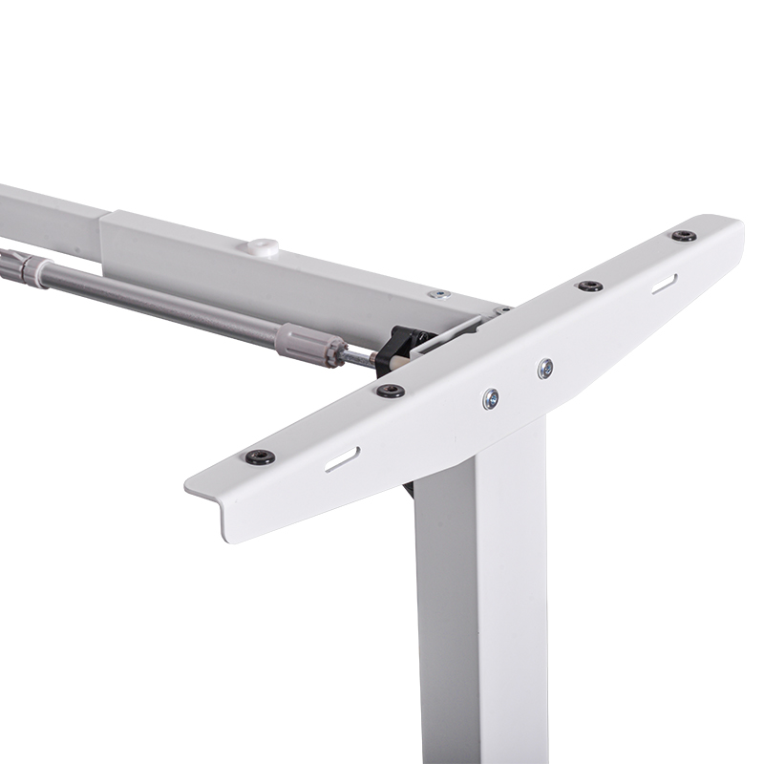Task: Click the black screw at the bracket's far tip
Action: coord(683,236)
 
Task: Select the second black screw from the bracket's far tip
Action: coord(590,286)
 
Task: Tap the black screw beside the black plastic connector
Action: coord(390,391)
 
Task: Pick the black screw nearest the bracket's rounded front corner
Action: coord(260,456)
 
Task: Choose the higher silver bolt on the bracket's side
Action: coord(544,366)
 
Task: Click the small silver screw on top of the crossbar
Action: coord(438,294)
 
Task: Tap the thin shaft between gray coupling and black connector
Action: coord(358,357)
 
